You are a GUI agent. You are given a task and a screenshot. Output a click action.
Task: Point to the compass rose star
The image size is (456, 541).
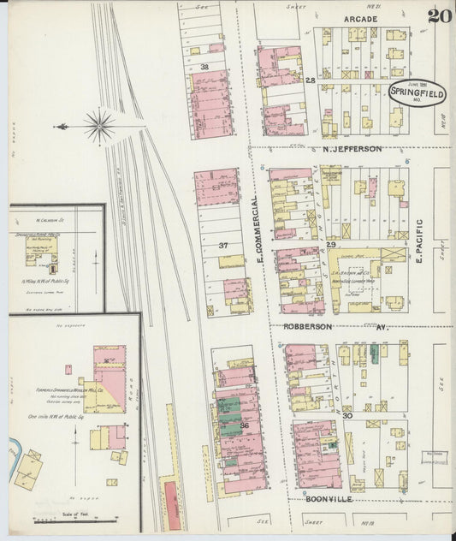(99, 127)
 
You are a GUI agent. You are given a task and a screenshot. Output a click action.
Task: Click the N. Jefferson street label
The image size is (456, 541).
(352, 149)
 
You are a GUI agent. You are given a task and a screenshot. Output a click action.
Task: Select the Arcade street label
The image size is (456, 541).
(360, 17)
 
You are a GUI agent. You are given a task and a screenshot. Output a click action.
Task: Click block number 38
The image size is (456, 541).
(204, 66)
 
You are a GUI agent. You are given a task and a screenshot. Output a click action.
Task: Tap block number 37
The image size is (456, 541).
(222, 246)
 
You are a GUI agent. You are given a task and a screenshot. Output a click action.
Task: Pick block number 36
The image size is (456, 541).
(244, 425)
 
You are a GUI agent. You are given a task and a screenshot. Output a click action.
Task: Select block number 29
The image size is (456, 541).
(330, 246)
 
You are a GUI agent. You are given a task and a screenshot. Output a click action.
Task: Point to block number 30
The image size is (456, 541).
(346, 414)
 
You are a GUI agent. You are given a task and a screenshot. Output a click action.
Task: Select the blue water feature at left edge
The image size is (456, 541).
(14, 449)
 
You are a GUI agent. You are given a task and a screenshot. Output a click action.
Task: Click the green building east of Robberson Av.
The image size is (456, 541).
(373, 352)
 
